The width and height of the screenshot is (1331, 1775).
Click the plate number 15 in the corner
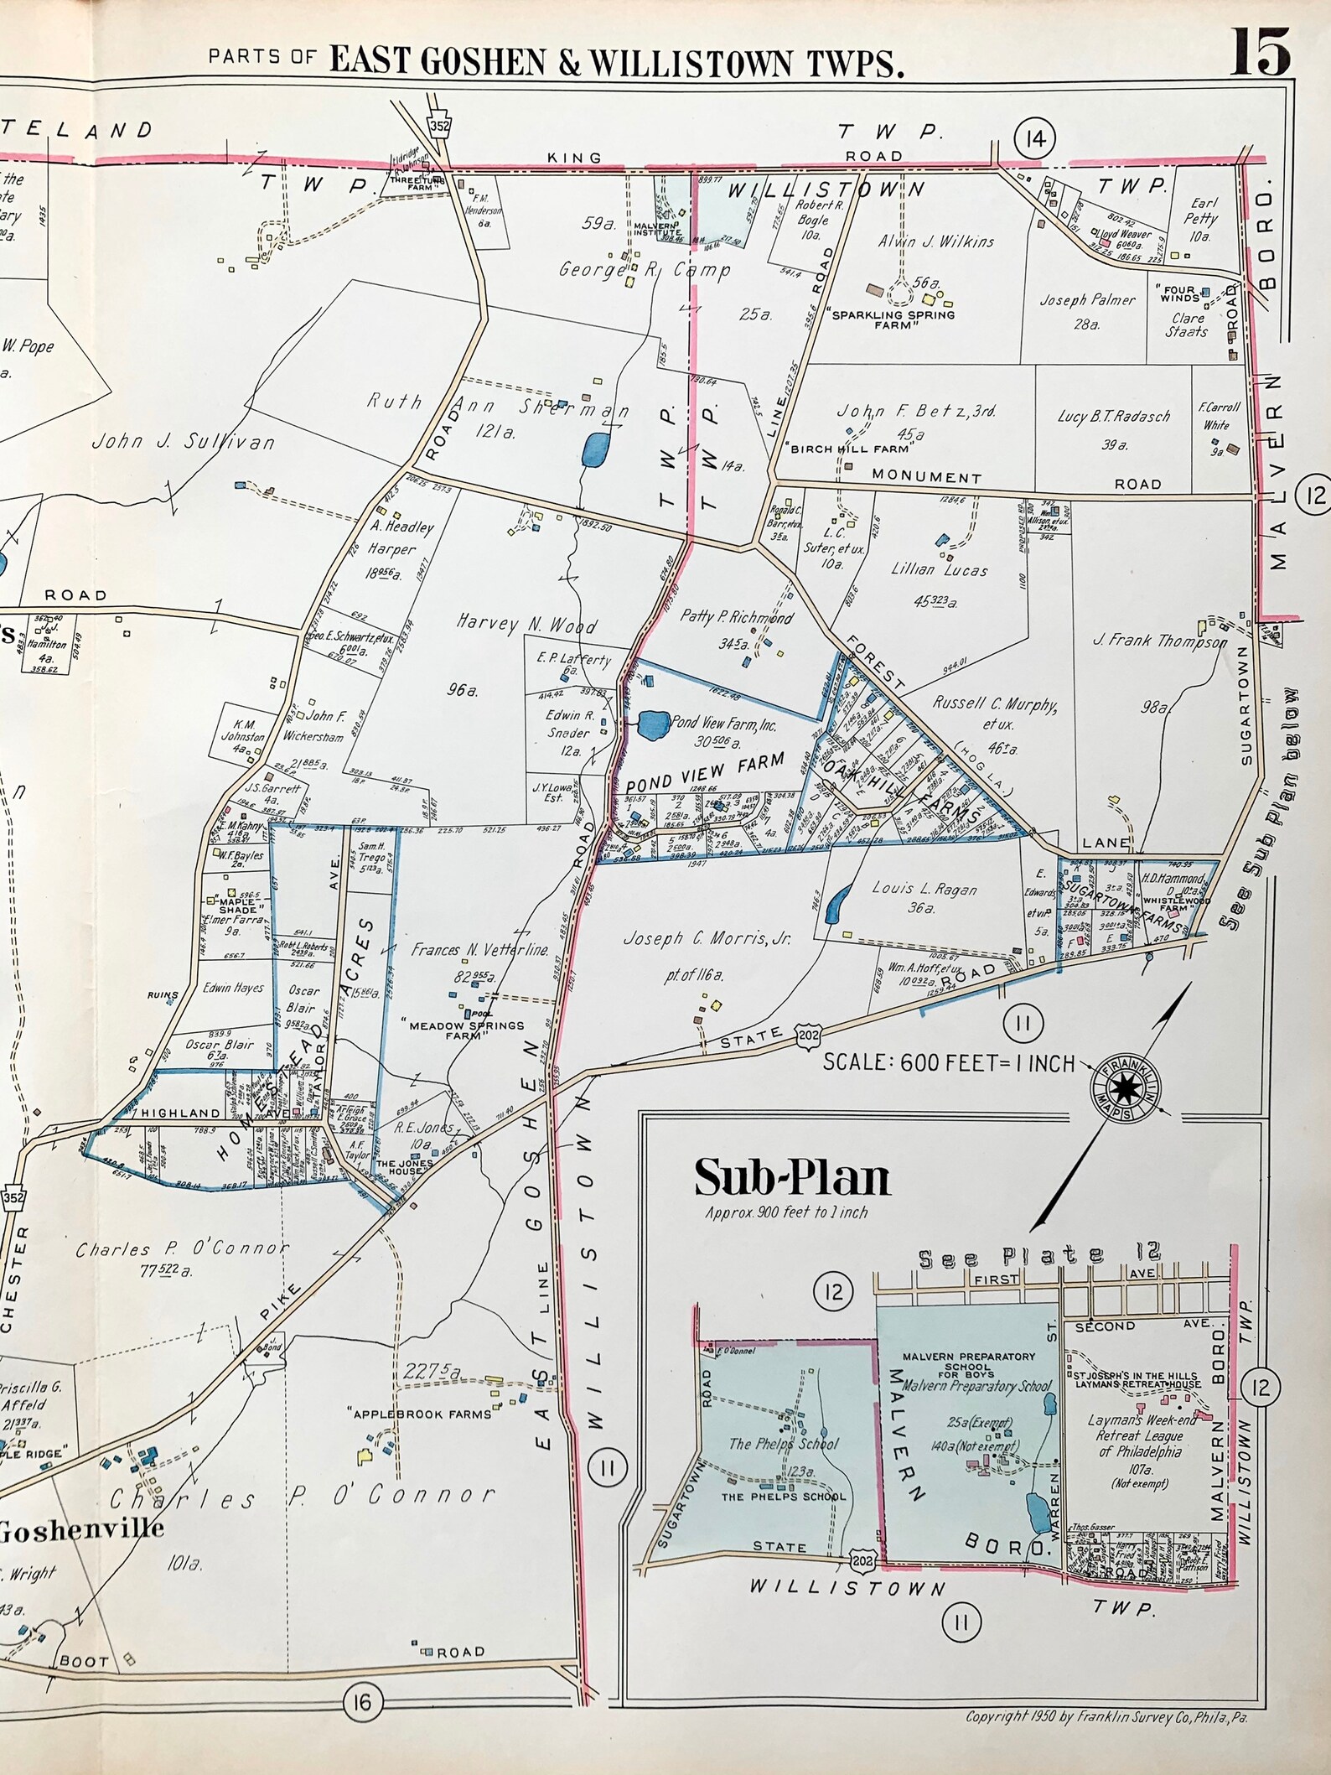(x=1260, y=52)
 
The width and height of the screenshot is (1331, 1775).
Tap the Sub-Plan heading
(x=791, y=1177)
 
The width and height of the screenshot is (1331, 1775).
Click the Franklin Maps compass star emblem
(x=1124, y=1089)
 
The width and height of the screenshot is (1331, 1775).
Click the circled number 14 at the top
(x=1034, y=139)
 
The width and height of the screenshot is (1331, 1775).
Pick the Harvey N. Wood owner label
(x=526, y=624)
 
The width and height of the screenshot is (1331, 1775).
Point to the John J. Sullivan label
(x=183, y=442)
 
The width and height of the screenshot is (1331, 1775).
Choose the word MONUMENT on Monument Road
(x=926, y=476)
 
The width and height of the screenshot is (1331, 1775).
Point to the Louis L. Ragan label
(x=924, y=890)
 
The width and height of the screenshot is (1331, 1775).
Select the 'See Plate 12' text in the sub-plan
(x=1039, y=1255)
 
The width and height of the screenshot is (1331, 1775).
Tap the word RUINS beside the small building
(x=161, y=995)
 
